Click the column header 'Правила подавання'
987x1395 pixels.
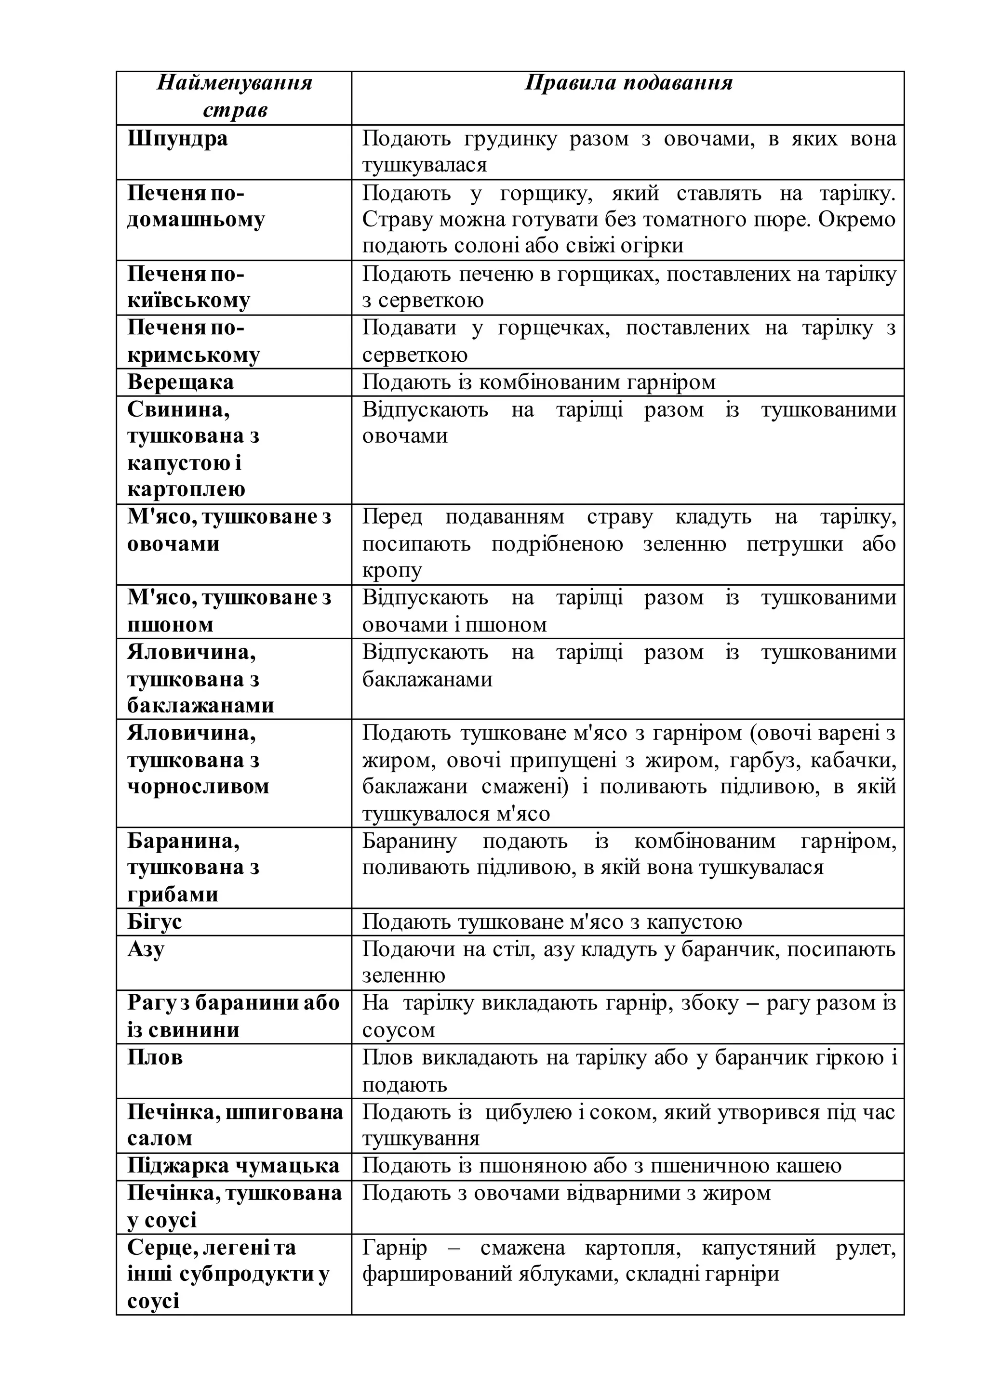tap(628, 83)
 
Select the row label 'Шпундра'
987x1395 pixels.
tap(177, 139)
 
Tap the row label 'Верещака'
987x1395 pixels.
tap(181, 382)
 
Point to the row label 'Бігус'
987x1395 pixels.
tap(154, 921)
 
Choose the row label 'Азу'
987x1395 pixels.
tap(146, 949)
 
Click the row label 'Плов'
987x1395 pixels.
tap(155, 1057)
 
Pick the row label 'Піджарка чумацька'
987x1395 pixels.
tap(233, 1165)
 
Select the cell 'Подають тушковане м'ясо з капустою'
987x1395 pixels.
tap(552, 921)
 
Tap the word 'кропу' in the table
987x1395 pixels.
tap(392, 570)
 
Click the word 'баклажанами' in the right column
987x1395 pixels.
tap(427, 679)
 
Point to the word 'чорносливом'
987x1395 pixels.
tap(198, 787)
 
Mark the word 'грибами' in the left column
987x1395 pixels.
tap(173, 895)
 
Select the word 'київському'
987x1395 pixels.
tap(189, 301)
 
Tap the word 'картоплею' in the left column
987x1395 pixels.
tap(186, 489)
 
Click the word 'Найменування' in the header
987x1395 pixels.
tap(235, 83)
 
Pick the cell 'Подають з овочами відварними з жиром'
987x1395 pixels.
tap(566, 1193)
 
